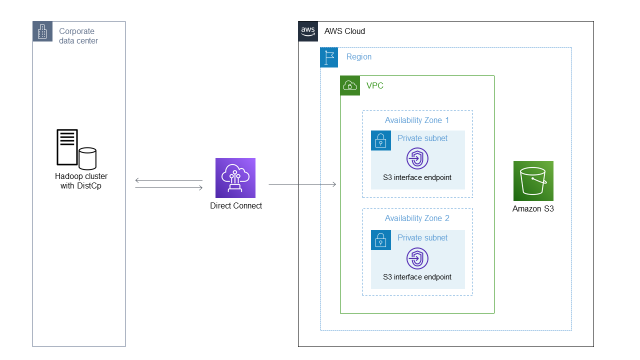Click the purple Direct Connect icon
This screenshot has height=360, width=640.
(x=235, y=178)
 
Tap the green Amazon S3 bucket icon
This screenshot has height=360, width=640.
(x=533, y=181)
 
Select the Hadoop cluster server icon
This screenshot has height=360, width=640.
(x=75, y=149)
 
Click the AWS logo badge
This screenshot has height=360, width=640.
(x=308, y=31)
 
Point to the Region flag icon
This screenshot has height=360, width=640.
(x=329, y=57)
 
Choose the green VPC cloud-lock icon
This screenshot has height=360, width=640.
(x=350, y=85)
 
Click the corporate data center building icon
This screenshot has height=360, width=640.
(x=42, y=31)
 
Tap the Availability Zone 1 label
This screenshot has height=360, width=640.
(x=417, y=120)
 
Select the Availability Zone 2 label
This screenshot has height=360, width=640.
(x=417, y=218)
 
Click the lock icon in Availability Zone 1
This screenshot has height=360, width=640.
(x=381, y=140)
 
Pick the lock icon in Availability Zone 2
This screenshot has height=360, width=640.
(x=381, y=240)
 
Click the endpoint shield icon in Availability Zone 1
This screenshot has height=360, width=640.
(x=417, y=159)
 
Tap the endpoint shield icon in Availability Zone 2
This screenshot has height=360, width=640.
(x=417, y=258)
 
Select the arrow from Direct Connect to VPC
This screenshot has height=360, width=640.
(x=302, y=184)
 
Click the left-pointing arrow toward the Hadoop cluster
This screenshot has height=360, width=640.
(x=168, y=180)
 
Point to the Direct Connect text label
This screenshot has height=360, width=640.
(x=236, y=205)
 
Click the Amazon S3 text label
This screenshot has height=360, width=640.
(x=533, y=208)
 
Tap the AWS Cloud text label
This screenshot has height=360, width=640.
(x=344, y=31)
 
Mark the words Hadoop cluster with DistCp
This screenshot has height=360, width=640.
(x=81, y=181)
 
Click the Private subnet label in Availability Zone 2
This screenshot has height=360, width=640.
(x=422, y=237)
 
